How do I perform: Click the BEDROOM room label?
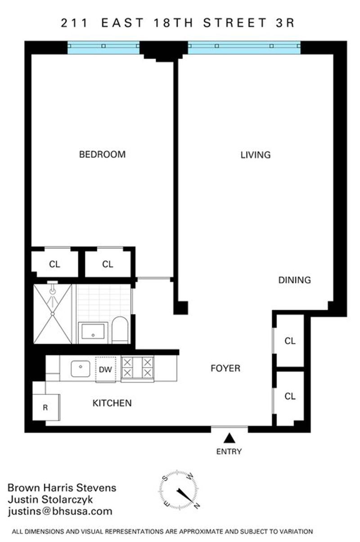tap(102, 154)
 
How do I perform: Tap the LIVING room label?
tap(256, 155)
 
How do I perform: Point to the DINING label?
tap(295, 280)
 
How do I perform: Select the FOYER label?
tap(225, 368)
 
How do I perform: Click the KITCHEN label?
tap(112, 403)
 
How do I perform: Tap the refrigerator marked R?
tap(46, 407)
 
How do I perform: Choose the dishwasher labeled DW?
tap(105, 370)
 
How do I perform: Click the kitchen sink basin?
tap(81, 369)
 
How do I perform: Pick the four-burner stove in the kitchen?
tap(137, 369)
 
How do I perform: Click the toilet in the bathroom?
tap(120, 330)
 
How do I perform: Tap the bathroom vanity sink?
tap(93, 332)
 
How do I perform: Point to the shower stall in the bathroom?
tap(53, 314)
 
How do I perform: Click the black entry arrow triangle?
tap(229, 438)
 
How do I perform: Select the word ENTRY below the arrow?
tap(229, 452)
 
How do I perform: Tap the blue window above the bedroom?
tap(103, 48)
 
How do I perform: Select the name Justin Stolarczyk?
tap(50, 499)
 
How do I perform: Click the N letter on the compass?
tap(197, 505)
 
